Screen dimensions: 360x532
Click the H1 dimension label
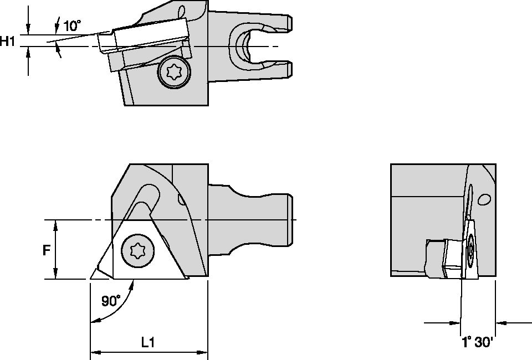tap(8, 41)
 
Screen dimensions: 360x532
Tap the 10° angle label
tap(71, 25)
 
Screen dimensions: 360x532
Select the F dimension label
tap(47, 250)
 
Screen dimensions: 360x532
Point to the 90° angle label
tap(110, 301)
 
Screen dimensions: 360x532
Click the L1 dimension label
tap(147, 343)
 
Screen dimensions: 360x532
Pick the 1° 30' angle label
tap(477, 342)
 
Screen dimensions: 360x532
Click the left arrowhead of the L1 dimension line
tap(94, 352)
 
